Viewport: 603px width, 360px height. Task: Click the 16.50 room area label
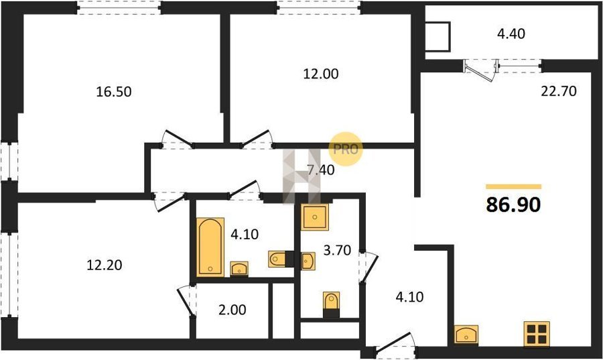(x=113, y=92)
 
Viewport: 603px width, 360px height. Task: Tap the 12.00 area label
(x=321, y=74)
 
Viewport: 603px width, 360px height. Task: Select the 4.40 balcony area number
(x=511, y=34)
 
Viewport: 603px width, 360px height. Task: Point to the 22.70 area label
(x=559, y=92)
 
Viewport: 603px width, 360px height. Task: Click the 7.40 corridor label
(x=321, y=170)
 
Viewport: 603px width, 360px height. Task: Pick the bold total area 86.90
(x=513, y=204)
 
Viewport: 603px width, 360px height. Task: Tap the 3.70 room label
(x=337, y=250)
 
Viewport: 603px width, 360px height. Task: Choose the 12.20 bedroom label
(x=105, y=265)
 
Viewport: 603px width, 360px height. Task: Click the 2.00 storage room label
(x=232, y=310)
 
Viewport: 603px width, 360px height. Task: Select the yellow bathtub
(x=210, y=247)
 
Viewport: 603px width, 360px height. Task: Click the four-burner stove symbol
(x=537, y=335)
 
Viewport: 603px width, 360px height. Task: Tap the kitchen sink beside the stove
(x=466, y=334)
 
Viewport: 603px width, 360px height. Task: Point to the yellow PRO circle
(x=345, y=149)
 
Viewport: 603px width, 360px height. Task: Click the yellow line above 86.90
(x=513, y=186)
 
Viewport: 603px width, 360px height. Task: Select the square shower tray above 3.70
(x=315, y=217)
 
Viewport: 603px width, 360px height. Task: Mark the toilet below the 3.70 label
(x=331, y=304)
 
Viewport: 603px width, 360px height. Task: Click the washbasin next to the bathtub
(x=239, y=268)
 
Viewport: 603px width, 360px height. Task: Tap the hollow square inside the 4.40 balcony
(x=438, y=37)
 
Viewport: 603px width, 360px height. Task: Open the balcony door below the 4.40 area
(x=479, y=71)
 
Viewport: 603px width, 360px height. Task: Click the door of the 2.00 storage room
(x=186, y=301)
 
